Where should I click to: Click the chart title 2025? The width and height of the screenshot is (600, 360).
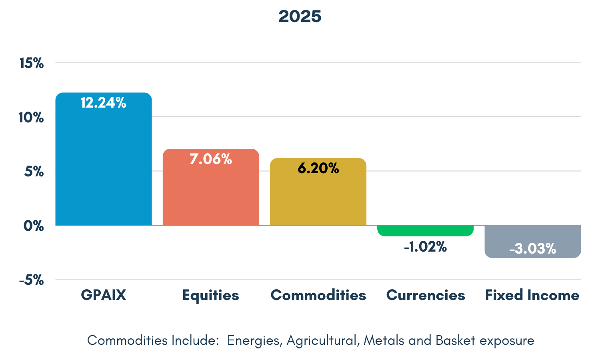tap(300, 16)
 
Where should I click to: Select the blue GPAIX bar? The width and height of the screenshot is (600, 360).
tap(103, 168)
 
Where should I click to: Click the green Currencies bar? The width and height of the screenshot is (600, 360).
tap(425, 230)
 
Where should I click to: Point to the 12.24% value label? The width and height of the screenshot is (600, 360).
tap(103, 103)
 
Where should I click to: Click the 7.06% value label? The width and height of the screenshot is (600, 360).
tap(211, 159)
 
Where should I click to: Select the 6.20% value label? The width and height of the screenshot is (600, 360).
tap(318, 168)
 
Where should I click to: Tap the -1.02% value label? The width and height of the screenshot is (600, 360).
tap(425, 247)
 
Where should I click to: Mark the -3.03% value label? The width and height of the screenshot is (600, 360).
tap(532, 249)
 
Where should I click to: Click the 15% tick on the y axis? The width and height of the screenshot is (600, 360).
tap(32, 63)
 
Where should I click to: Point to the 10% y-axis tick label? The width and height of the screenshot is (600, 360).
tap(31, 118)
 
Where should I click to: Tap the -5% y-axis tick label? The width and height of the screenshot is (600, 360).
tap(31, 280)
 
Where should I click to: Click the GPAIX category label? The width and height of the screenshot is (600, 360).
tap(103, 295)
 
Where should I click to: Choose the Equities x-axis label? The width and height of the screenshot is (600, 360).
tap(211, 295)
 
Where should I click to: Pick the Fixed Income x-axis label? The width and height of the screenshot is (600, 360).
tap(532, 295)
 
